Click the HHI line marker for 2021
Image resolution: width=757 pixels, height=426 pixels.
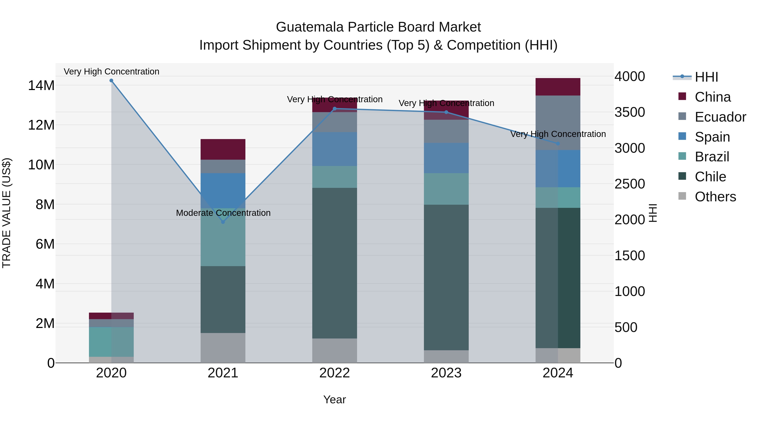(x=223, y=222)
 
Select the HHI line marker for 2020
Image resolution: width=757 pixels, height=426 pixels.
(x=111, y=81)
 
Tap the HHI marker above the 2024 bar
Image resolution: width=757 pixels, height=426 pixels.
(x=558, y=143)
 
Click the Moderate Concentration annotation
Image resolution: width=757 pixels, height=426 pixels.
(x=223, y=213)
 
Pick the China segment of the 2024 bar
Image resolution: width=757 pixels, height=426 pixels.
(x=558, y=87)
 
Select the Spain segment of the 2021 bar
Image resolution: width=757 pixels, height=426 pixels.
(x=223, y=191)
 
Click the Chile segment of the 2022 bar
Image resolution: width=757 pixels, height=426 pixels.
(x=334, y=263)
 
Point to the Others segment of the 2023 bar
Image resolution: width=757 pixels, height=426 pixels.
(x=446, y=356)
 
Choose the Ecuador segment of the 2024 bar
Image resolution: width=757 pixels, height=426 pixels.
(x=558, y=123)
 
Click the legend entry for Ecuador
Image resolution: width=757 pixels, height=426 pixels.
(x=720, y=117)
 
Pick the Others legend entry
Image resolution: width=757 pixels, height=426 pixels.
(x=715, y=197)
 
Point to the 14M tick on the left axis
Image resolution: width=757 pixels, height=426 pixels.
(x=41, y=86)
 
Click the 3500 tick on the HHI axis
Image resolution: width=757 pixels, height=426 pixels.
(x=629, y=112)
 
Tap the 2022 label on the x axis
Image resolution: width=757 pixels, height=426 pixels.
(x=334, y=373)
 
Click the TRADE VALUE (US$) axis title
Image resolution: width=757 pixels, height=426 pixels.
(x=7, y=213)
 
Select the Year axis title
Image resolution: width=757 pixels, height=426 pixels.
(x=334, y=399)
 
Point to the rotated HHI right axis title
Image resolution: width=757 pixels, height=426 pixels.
(x=653, y=213)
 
